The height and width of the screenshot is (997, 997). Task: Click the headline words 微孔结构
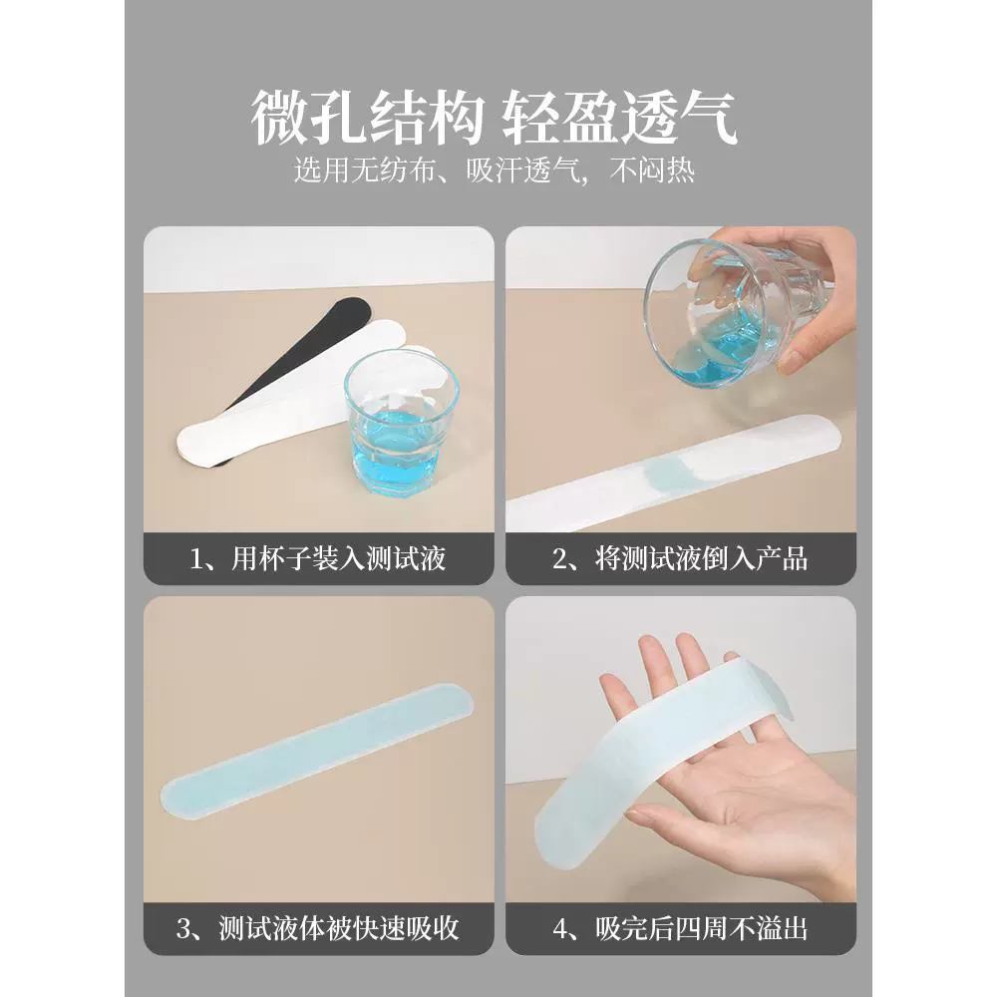(x=368, y=119)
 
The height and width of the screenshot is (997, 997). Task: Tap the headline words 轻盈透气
(x=620, y=119)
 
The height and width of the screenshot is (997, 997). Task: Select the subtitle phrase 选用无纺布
(x=365, y=170)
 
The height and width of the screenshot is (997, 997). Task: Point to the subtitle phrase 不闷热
(x=652, y=170)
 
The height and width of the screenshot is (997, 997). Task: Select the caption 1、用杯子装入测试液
(x=318, y=559)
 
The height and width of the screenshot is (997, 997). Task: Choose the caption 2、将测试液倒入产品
(x=680, y=559)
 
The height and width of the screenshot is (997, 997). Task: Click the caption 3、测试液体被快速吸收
(x=318, y=928)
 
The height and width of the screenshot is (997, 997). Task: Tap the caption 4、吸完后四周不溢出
(x=680, y=928)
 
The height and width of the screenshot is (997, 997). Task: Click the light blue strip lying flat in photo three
(x=319, y=754)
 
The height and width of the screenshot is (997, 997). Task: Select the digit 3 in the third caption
(x=183, y=929)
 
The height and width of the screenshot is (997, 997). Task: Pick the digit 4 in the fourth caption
(x=560, y=929)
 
